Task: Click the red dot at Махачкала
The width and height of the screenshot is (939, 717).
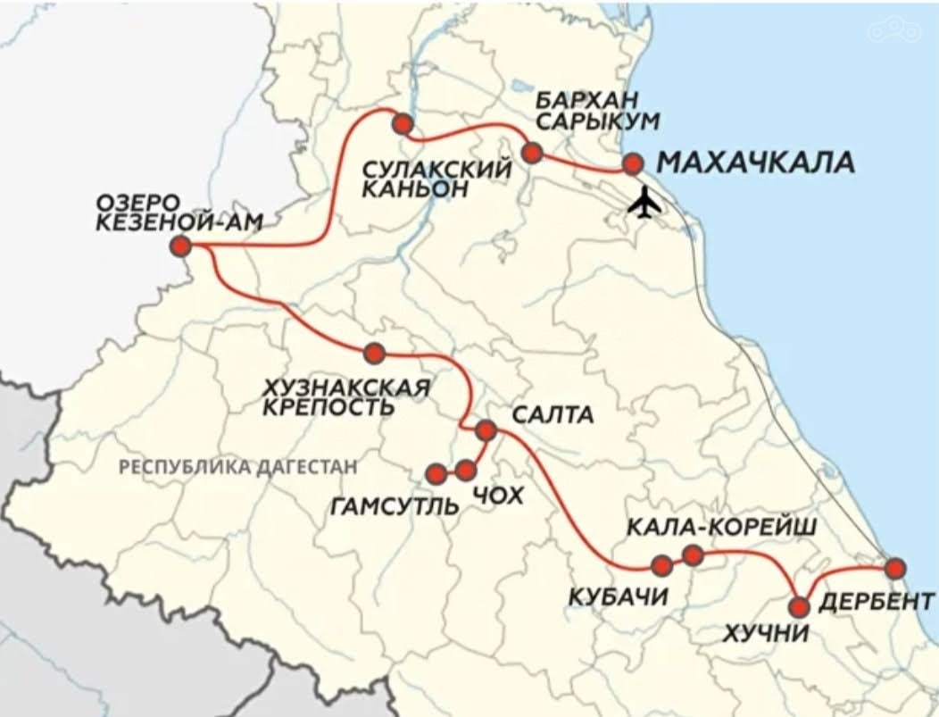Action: pyautogui.click(x=632, y=163)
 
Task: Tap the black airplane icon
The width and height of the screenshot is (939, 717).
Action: pyautogui.click(x=644, y=204)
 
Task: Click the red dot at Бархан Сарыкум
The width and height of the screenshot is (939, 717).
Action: pyautogui.click(x=532, y=152)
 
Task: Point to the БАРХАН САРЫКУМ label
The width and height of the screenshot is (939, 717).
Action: pyautogui.click(x=586, y=110)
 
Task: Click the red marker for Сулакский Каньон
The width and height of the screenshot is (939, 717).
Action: pyautogui.click(x=403, y=124)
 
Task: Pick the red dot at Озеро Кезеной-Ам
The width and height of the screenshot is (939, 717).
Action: pyautogui.click(x=182, y=246)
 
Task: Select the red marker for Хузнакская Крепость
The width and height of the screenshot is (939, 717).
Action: pyautogui.click(x=374, y=353)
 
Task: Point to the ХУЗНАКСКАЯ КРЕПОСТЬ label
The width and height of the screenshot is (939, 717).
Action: pyautogui.click(x=348, y=397)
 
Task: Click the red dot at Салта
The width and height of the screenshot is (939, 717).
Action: pyautogui.click(x=486, y=430)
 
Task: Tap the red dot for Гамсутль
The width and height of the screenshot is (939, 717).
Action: pyautogui.click(x=436, y=473)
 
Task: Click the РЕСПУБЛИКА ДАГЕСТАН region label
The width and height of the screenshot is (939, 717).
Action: pyautogui.click(x=237, y=466)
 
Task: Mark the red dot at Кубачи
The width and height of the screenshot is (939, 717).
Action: pyautogui.click(x=662, y=565)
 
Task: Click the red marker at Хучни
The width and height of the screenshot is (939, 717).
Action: pyautogui.click(x=800, y=607)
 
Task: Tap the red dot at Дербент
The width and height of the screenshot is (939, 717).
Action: pyautogui.click(x=895, y=568)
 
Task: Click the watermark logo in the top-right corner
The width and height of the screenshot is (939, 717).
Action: pyautogui.click(x=893, y=30)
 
